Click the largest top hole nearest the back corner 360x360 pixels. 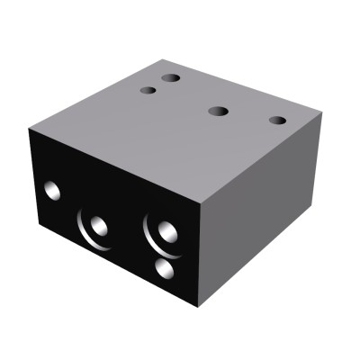[x=170, y=78]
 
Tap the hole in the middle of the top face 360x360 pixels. [x=217, y=112]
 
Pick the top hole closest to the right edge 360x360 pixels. [x=277, y=120]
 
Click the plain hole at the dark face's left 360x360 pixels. [x=52, y=190]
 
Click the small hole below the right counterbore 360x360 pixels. [x=164, y=267]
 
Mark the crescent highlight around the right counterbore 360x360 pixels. [x=148, y=233]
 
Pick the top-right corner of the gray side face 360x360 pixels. [x=323, y=115]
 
